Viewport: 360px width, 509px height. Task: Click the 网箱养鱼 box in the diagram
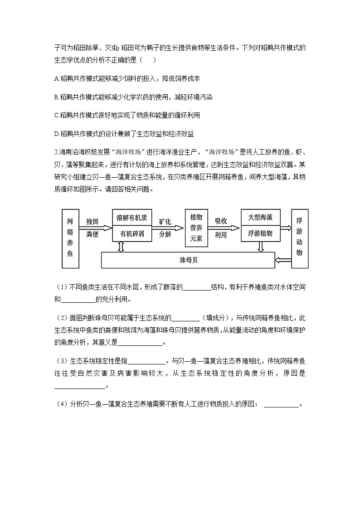[x=70, y=238]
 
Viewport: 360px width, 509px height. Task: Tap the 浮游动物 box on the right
[x=299, y=238]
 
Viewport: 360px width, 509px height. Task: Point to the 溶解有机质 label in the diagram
[x=132, y=218]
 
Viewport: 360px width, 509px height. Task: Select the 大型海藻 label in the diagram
[x=261, y=218]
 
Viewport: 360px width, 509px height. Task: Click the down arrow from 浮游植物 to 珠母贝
[x=261, y=247]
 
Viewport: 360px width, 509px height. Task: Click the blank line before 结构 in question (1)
[x=197, y=287]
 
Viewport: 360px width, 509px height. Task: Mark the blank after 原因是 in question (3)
[x=79, y=386]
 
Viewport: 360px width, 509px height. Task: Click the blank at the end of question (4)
[x=281, y=405]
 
